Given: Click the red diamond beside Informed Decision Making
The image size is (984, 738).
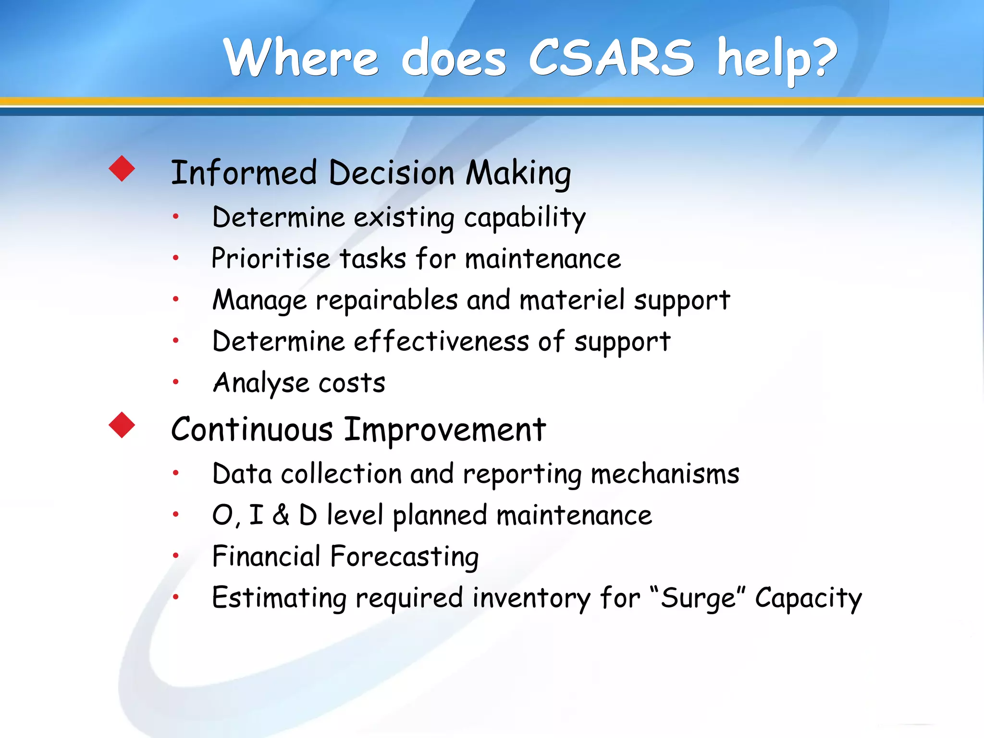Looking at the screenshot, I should pos(122,169).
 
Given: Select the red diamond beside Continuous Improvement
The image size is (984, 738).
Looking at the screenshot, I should pos(122,425).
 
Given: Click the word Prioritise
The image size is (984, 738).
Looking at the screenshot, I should pos(271,258).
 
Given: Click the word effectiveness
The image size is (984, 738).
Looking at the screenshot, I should pos(441,342).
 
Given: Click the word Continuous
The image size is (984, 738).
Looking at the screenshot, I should pos(252,429).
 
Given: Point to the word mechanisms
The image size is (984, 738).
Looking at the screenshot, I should pos(665,474).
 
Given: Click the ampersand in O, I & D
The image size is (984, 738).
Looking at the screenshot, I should pos(281,515).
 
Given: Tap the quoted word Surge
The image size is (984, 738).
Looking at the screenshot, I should pos(698,599).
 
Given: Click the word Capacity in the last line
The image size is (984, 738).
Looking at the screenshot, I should pos(808,599).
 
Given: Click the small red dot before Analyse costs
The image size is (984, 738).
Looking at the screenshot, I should pos(176,382).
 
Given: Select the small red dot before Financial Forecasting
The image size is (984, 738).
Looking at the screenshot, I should pos(176,556).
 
